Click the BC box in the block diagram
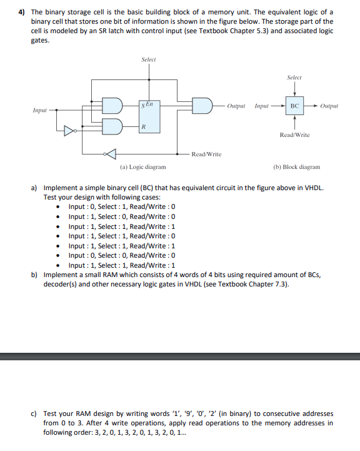point(294,106)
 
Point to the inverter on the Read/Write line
point(110,154)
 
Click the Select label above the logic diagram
point(149,59)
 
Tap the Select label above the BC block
point(294,78)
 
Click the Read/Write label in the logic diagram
point(206,154)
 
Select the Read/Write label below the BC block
point(294,135)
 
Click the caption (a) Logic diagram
point(142,167)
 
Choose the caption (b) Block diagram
point(297,167)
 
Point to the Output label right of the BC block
point(329,106)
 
